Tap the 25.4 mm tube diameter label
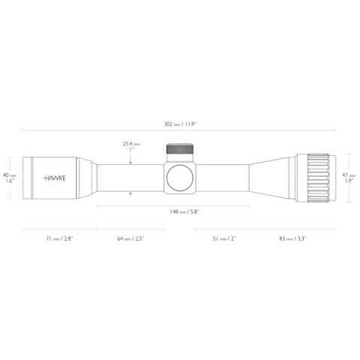[131, 143]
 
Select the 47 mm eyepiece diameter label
[348, 175]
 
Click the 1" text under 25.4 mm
[132, 150]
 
